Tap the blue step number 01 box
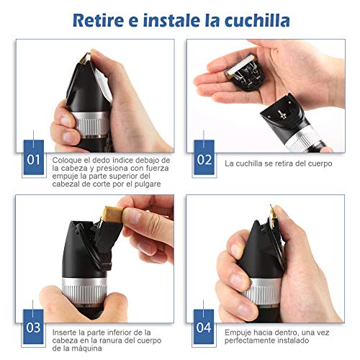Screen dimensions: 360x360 coord(34,157)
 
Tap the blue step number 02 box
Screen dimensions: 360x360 coord(204,157)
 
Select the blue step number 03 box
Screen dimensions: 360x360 coord(33,327)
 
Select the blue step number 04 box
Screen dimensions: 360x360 coord(204,327)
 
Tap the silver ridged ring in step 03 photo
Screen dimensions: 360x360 coord(84,292)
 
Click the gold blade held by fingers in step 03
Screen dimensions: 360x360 coord(112,214)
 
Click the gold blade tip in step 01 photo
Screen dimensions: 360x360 coord(86,58)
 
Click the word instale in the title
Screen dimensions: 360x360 coord(171,20)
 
